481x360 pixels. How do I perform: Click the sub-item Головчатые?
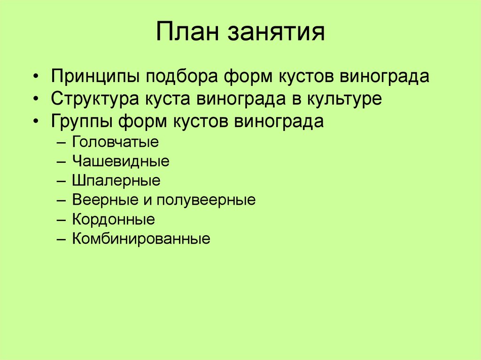point(116,142)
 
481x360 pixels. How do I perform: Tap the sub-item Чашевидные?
point(121,161)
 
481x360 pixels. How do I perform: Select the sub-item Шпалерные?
point(116,181)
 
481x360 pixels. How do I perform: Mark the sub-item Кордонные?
point(114,219)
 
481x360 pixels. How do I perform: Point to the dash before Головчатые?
point(63,142)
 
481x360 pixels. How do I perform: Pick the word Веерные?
point(103,200)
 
